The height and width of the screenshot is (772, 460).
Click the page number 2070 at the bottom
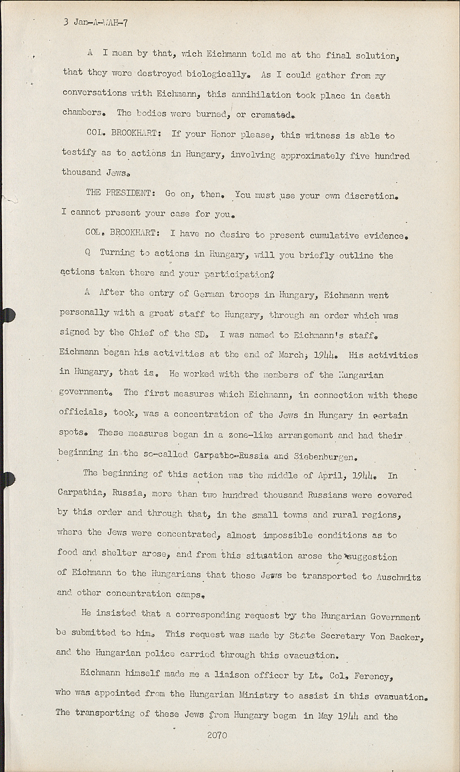217,735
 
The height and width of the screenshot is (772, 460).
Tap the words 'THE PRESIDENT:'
121,194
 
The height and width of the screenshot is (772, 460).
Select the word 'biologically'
216,75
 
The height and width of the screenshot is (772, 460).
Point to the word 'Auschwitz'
399,577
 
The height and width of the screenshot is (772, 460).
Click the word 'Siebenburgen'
324,457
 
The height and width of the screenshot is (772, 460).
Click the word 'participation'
235,274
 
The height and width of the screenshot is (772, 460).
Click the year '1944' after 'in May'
348,716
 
